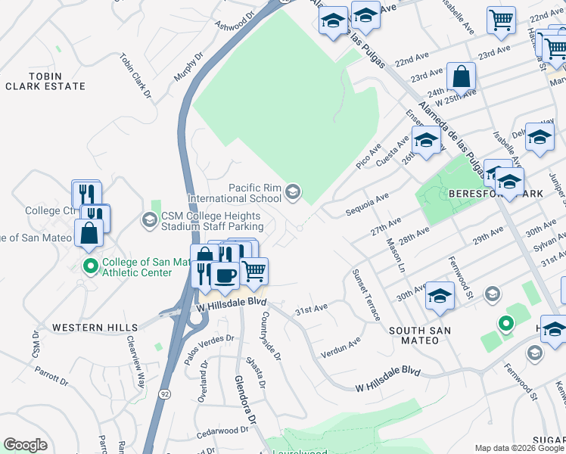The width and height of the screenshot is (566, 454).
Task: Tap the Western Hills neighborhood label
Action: (x=95, y=328)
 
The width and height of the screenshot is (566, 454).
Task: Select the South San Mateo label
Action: (x=420, y=335)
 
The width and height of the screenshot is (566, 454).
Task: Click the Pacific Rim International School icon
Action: (x=292, y=193)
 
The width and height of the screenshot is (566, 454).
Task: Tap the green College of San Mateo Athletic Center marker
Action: (x=90, y=266)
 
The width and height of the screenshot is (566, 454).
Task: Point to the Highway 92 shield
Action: (x=164, y=393)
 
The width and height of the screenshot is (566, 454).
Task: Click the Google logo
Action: (x=25, y=445)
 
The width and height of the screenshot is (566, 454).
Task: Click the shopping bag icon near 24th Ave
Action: (x=461, y=76)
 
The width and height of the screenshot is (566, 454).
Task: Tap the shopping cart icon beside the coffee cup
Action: (x=254, y=271)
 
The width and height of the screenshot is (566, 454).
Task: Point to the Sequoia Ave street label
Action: (x=366, y=200)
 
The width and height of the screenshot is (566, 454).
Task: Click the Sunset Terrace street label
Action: (x=365, y=294)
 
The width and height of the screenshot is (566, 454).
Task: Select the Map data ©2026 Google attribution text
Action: (x=518, y=448)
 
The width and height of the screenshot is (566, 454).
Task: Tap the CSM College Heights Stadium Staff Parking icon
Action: (x=149, y=220)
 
